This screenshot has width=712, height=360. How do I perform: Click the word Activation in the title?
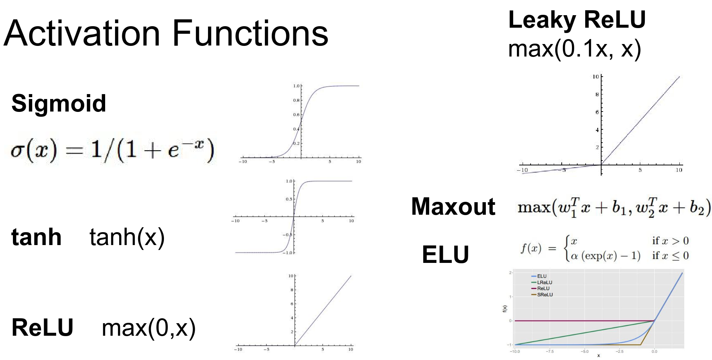tap(82, 34)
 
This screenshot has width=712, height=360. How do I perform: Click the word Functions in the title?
tap(250, 34)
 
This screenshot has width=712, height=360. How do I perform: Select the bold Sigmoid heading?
tap(59, 103)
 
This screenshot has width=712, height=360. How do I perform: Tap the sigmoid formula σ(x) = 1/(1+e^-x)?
tap(112, 149)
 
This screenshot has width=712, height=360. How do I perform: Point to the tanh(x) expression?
tap(127, 237)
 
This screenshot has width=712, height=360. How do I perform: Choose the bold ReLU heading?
tap(43, 327)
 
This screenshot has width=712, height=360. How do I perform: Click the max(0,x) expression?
tap(148, 328)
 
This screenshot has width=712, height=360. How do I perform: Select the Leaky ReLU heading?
tap(577, 20)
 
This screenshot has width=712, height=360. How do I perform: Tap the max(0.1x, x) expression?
tap(574, 49)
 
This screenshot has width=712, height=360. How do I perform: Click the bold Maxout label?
tap(453, 207)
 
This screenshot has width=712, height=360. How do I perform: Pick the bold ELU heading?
tap(446, 254)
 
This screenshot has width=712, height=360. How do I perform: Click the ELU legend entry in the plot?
tap(542, 276)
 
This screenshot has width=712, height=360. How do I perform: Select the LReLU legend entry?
tap(544, 282)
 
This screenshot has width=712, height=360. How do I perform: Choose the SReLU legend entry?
tap(545, 295)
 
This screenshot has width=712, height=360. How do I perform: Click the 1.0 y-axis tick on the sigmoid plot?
tap(296, 86)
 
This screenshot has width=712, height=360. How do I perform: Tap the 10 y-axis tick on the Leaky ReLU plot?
tap(595, 77)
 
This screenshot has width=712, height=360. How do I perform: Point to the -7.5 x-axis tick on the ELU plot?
tap(550, 352)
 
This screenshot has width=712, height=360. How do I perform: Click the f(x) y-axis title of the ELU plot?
tap(505, 308)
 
